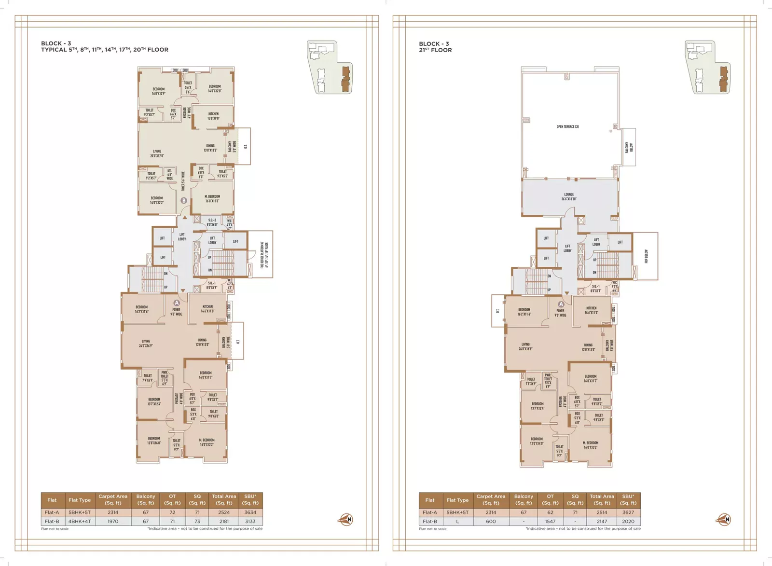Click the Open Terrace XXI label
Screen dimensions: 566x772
coord(567,127)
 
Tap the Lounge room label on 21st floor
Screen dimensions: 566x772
coord(569,197)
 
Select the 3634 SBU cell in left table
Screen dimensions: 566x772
coord(250,512)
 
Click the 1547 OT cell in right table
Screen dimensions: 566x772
coord(550,521)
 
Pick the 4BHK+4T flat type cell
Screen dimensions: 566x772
coord(80,521)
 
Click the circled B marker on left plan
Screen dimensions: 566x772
coord(183,200)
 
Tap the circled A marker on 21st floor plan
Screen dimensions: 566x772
coord(561,304)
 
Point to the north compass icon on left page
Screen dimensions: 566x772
coord(345,519)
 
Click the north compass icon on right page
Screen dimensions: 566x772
coord(724,519)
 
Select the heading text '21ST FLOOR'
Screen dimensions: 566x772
coord(435,50)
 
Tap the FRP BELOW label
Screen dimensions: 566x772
coord(646,256)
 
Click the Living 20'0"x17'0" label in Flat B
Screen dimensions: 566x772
coord(157,153)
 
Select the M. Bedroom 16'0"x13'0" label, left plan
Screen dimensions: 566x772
coord(212,198)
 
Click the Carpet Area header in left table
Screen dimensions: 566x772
coord(113,499)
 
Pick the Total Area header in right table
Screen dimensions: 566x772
coord(602,499)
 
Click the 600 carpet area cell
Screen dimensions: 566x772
coord(491,521)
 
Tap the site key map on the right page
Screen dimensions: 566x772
coord(707,67)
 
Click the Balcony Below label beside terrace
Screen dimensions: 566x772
coord(629,147)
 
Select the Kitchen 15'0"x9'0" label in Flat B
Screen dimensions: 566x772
coord(213,116)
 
